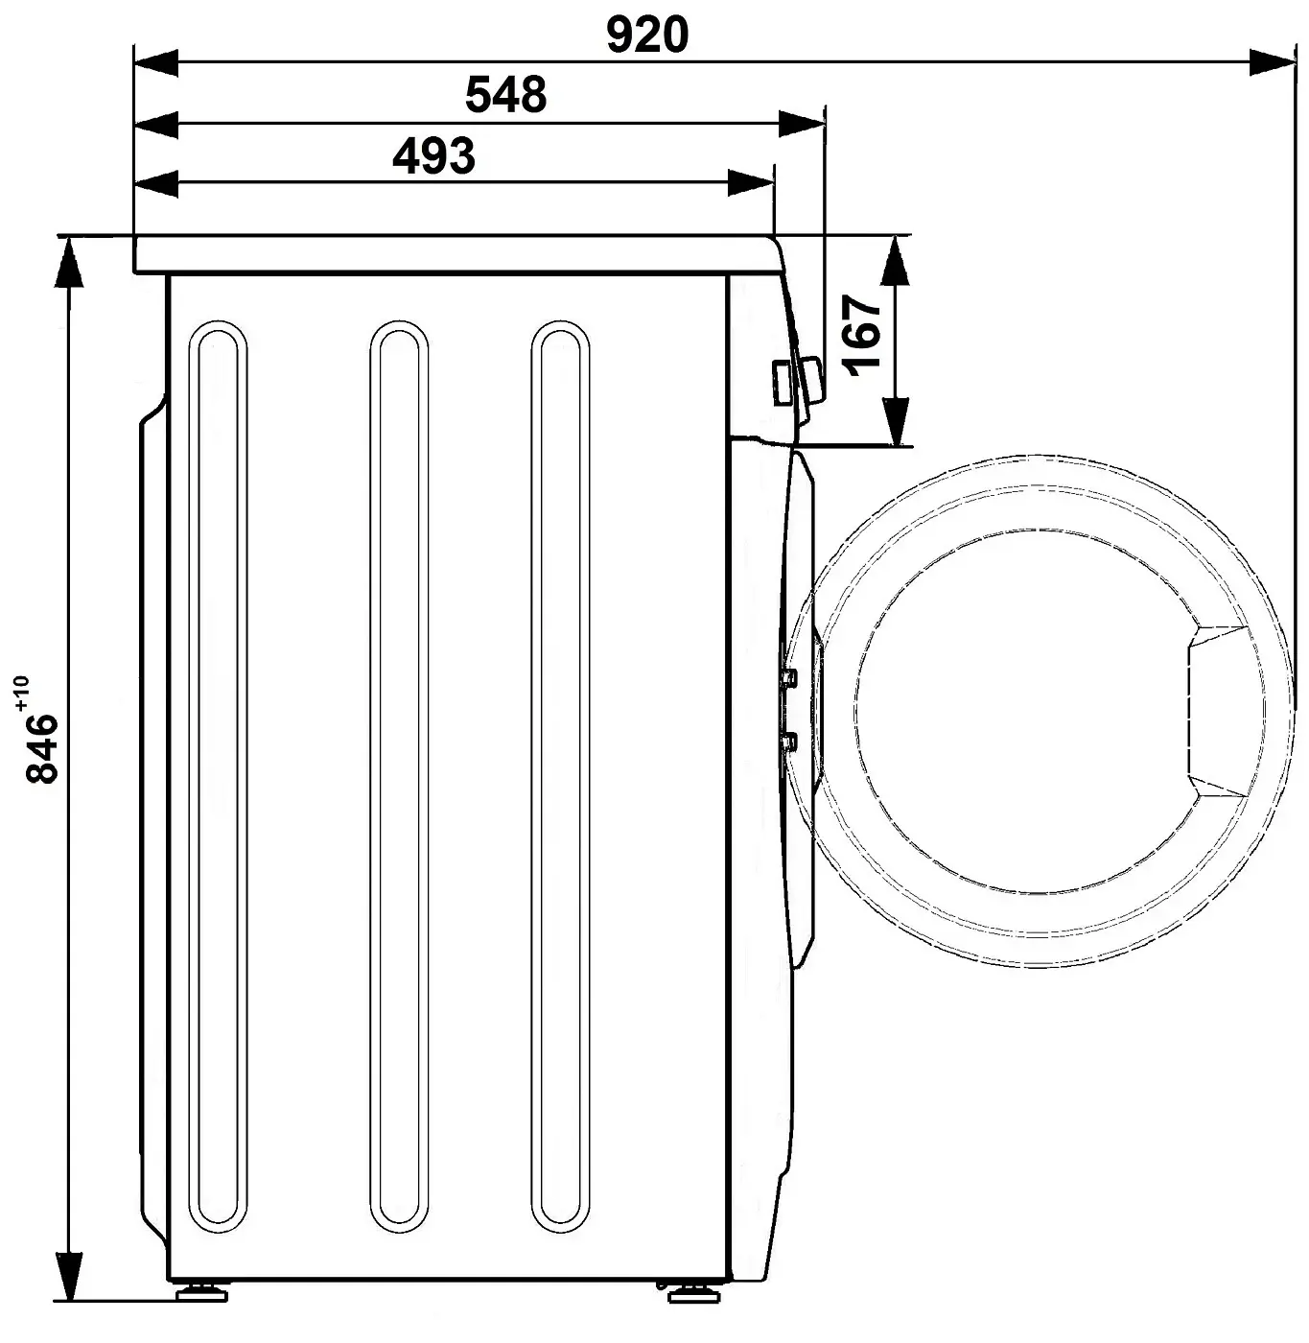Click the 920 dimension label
[647, 35]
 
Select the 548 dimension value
[505, 95]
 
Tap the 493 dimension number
[433, 156]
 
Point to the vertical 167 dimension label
[862, 336]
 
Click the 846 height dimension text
[41, 748]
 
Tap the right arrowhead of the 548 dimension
[802, 124]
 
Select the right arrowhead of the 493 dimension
[751, 183]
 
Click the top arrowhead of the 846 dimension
[68, 261]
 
